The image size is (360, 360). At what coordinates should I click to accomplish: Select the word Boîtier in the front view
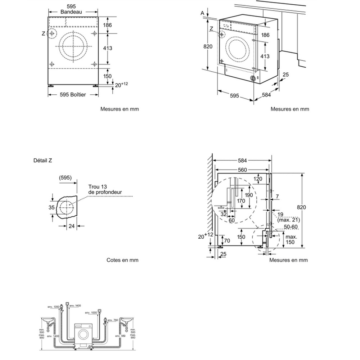(78, 94)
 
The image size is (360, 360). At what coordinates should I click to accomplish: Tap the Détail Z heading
(42, 161)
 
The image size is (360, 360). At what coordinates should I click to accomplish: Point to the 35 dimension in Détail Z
(51, 207)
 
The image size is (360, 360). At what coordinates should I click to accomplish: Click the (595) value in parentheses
(66, 177)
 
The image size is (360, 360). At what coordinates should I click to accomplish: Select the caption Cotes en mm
(122, 260)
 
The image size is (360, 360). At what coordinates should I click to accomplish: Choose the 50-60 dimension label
(291, 226)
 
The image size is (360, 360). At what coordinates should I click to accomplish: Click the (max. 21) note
(289, 220)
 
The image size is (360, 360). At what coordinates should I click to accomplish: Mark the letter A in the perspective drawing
(203, 13)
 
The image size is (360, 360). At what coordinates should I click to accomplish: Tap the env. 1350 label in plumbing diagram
(54, 307)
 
